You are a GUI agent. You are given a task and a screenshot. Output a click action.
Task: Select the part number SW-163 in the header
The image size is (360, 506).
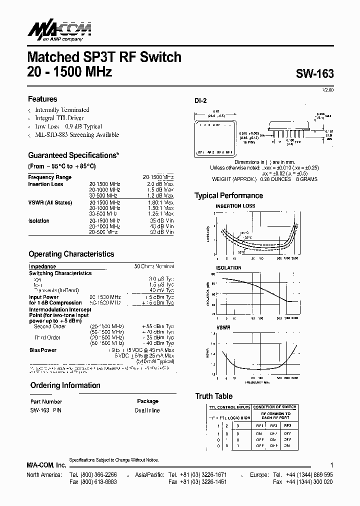[x=314, y=73]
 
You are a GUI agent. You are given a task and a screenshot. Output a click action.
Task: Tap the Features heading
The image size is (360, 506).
[x=42, y=99]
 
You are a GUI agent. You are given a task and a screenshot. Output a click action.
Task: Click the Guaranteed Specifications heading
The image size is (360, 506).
[x=73, y=155]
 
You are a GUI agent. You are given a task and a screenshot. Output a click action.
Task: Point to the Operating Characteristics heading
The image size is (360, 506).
[x=71, y=254]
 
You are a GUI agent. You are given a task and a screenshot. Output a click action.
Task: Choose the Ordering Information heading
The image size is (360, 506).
[x=65, y=385]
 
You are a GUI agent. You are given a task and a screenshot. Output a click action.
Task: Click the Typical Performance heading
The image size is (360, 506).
[x=228, y=195]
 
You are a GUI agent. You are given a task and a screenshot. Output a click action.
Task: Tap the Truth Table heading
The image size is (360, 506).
[x=213, y=396]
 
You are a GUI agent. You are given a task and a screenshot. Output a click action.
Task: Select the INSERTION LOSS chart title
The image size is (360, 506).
[x=235, y=206]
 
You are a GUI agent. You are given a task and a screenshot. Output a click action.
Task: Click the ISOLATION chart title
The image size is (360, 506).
[x=228, y=268]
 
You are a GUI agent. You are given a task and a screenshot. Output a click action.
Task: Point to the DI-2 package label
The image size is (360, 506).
[x=200, y=100]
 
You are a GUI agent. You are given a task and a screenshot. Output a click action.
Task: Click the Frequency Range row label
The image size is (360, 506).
[x=50, y=177]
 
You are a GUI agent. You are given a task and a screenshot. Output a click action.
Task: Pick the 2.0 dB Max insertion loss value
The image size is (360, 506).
[x=161, y=184]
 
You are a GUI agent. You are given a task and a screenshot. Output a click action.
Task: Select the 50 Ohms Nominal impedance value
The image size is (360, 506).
[x=154, y=266]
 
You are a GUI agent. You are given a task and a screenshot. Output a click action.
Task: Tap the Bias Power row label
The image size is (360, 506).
[x=43, y=350]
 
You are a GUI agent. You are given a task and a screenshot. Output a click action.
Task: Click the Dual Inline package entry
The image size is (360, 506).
[x=147, y=410]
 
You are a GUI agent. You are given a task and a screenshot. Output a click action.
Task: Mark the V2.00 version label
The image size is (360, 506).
[x=327, y=89]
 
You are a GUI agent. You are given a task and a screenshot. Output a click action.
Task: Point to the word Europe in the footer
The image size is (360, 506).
[x=260, y=474]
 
